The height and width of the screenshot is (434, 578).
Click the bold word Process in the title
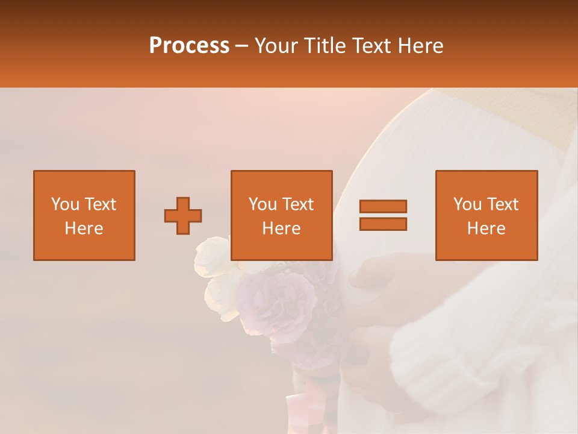(189, 46)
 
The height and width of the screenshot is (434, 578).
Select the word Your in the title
(277, 46)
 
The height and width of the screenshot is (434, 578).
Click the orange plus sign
(183, 215)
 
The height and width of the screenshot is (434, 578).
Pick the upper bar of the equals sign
(383, 206)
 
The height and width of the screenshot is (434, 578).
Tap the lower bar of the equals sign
(383, 224)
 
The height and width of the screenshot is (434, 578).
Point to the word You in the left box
(64, 204)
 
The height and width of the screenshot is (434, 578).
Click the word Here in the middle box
(281, 228)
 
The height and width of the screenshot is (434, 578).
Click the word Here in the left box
(84, 228)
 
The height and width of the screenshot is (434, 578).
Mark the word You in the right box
(467, 204)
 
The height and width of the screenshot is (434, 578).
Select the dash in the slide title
(242, 46)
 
